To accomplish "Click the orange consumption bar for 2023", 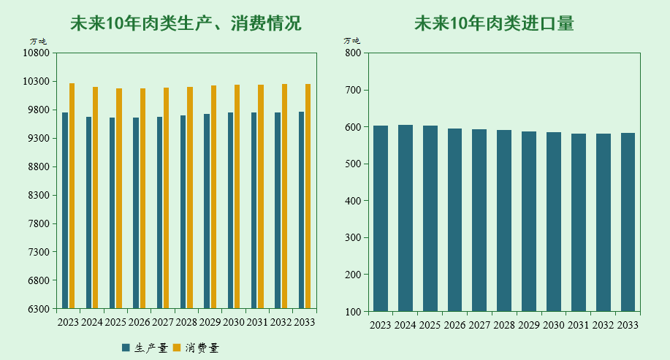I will (72, 196).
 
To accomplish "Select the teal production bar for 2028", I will (183, 212).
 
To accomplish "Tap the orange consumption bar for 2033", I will (308, 196).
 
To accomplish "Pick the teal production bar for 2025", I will (113, 212).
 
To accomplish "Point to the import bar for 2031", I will (579, 222).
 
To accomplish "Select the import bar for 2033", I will (628, 222).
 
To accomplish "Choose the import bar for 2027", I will (479, 220).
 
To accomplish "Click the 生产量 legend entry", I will (145, 348).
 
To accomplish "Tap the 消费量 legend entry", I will (197, 348).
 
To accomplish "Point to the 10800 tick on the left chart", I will (37, 53).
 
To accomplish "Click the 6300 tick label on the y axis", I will (39, 309).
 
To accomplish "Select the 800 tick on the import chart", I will (352, 53).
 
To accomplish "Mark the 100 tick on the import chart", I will (352, 312).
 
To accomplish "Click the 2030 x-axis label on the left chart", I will (233, 322).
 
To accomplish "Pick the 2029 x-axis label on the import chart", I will (529, 325).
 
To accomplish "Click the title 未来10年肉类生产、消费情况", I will (186, 24).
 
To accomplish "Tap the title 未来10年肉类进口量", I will (494, 24).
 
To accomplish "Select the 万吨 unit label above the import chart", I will (352, 41).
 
